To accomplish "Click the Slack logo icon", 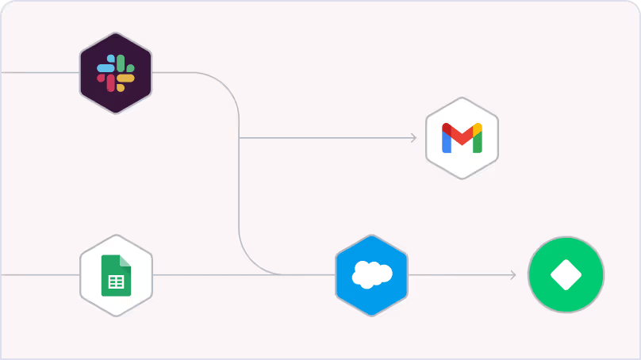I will click(x=116, y=73).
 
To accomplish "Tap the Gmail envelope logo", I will click(x=462, y=138).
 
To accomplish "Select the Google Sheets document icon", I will click(x=116, y=275).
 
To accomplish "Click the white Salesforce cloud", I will click(x=371, y=274).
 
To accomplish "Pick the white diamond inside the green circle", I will click(x=566, y=275).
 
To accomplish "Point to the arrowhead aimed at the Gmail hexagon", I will click(x=413, y=138).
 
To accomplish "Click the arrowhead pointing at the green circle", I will click(x=512, y=275).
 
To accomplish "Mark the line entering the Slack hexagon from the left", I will click(x=40, y=73).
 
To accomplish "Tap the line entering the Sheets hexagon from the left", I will click(x=40, y=275).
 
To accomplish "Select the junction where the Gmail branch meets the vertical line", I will click(x=239, y=138).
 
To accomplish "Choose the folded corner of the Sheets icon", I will click(x=125, y=260).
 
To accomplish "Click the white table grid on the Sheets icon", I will click(x=116, y=281).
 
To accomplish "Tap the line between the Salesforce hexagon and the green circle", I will click(x=460, y=275).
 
